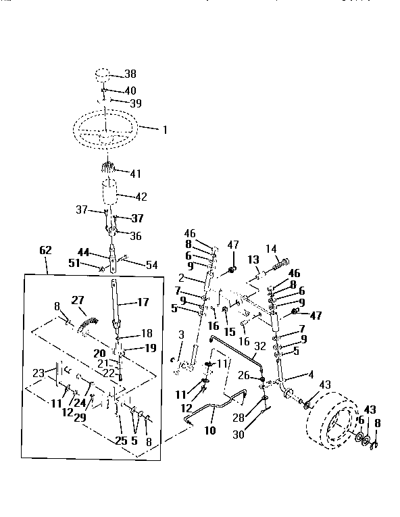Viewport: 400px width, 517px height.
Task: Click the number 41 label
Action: (x=136, y=174)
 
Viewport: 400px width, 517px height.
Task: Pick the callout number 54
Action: (x=151, y=265)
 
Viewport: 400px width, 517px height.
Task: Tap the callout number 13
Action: (x=253, y=260)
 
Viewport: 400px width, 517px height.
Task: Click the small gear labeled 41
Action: (x=109, y=170)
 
